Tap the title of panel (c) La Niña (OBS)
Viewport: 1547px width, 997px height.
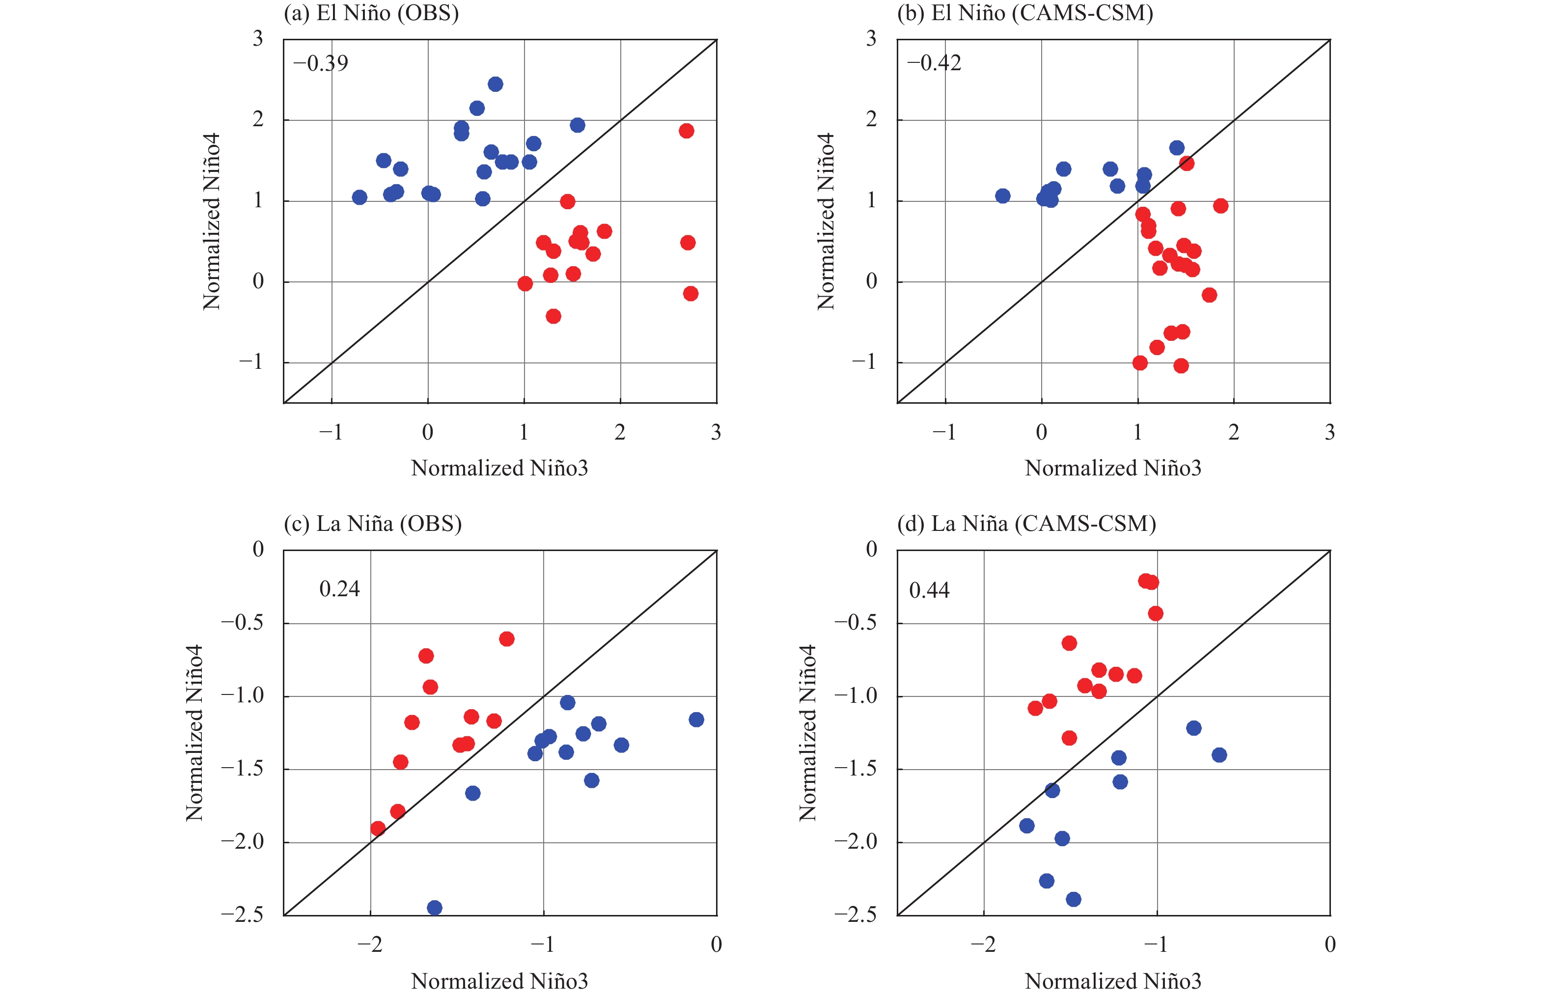pos(373,523)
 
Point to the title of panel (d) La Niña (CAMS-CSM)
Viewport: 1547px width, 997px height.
pos(1026,523)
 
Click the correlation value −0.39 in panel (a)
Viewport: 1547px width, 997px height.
pos(320,63)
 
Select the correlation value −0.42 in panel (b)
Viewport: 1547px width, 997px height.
pos(934,63)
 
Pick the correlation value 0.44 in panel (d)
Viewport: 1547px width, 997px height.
pos(929,590)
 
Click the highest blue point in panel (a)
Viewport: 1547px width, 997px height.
pos(495,84)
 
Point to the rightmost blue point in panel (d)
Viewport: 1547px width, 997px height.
pos(1219,755)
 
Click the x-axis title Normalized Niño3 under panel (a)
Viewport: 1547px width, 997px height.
pos(499,468)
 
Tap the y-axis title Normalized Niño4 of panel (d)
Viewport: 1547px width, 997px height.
pos(807,733)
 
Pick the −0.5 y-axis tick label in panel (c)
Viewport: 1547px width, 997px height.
pos(242,623)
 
